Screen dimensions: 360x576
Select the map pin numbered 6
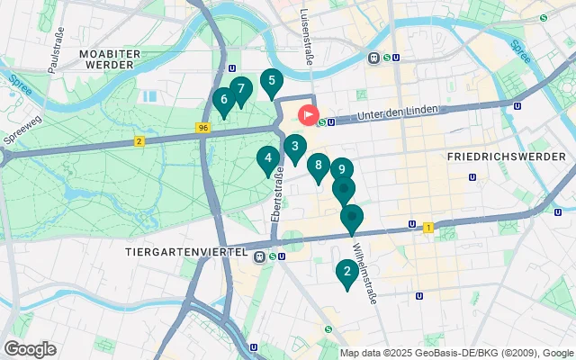point(223,100)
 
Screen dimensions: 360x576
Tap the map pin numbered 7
point(239,89)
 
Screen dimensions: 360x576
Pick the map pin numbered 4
point(266,159)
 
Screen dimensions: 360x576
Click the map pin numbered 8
point(318,166)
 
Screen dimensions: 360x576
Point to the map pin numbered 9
point(341,169)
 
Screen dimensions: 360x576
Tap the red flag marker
point(308,116)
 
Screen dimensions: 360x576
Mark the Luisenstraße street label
point(305,31)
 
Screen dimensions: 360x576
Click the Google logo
point(30,349)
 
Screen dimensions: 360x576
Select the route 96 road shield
point(204,129)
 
